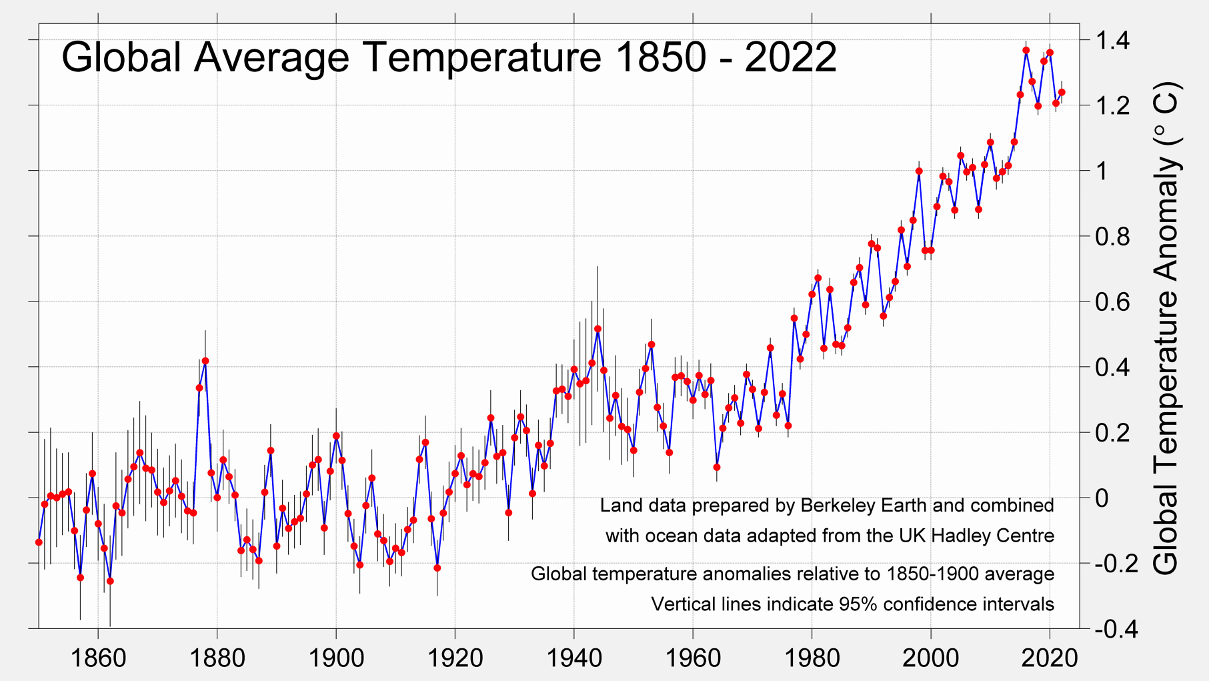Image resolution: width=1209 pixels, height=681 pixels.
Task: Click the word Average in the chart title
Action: click(x=271, y=57)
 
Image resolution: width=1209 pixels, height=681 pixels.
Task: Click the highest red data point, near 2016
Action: click(x=1026, y=51)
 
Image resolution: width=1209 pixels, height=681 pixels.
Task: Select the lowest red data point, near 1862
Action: click(x=110, y=582)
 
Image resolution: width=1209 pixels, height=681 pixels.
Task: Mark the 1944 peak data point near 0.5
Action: click(x=597, y=329)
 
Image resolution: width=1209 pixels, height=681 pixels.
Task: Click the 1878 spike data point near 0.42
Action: click(x=205, y=361)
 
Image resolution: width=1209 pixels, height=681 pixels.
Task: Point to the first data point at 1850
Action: click(x=39, y=542)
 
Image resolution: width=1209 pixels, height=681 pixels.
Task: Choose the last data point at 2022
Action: click(x=1062, y=93)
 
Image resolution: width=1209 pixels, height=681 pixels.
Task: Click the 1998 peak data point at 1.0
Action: click(x=919, y=171)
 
